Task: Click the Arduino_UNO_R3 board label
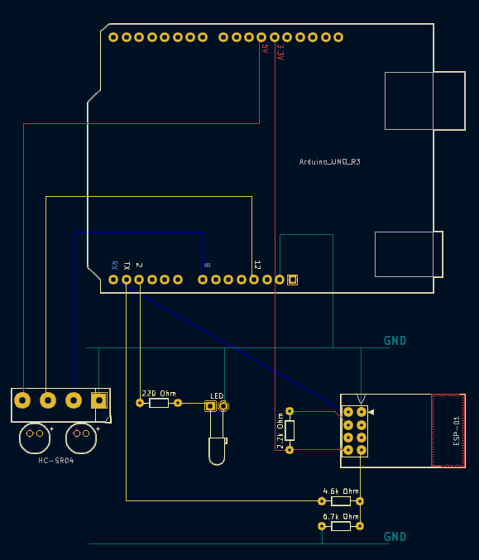coord(329,162)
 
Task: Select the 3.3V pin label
coord(280,52)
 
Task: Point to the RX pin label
coord(113,266)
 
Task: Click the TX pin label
coord(127,266)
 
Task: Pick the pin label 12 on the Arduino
coord(257,266)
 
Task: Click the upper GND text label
coord(395,341)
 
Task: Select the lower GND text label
coord(395,537)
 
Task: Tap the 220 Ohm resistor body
coord(159,403)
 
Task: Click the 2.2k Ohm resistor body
coord(290,430)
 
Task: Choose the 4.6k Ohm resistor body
coord(341,500)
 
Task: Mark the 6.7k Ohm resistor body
coord(341,525)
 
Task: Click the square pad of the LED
coord(210,406)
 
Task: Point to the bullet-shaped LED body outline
coord(217,452)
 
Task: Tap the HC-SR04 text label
coord(55,460)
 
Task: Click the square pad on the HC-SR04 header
coord(99,400)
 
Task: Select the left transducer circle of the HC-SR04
coord(36,435)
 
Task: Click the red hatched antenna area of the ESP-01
coord(448,430)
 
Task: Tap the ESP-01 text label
coord(456,431)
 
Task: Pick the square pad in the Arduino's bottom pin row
coord(292,280)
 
